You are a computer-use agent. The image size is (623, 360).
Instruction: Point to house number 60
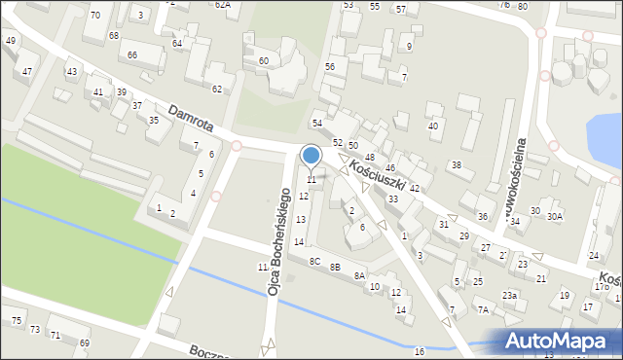click(x=263, y=61)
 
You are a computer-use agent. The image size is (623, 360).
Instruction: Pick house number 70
click(x=94, y=16)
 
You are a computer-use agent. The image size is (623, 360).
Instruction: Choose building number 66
click(x=131, y=55)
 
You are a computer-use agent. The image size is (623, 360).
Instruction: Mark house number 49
click(x=10, y=41)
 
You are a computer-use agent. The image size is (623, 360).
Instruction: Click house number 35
click(x=154, y=120)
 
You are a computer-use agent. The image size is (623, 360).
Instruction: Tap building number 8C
click(x=314, y=262)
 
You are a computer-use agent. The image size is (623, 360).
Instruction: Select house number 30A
click(x=555, y=216)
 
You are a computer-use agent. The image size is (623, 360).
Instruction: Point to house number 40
click(x=433, y=126)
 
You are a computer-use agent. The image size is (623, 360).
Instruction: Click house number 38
click(x=455, y=165)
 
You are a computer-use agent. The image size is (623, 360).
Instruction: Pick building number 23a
click(x=509, y=296)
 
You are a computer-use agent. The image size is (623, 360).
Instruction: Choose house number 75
click(x=17, y=321)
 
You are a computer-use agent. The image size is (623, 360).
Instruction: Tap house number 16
click(x=420, y=350)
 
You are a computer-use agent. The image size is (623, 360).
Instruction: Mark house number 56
click(x=330, y=66)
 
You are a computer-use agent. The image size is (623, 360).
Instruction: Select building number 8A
click(x=359, y=276)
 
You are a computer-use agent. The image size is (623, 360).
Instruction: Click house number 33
click(x=393, y=198)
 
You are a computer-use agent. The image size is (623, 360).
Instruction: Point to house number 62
click(x=217, y=90)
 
